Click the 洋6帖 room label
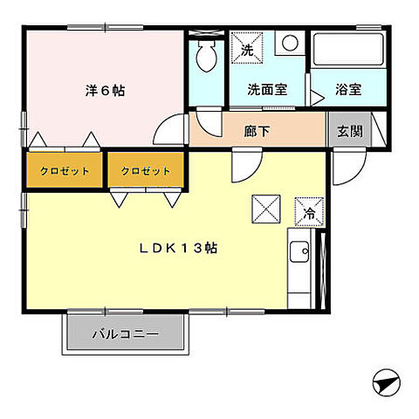pos(105,89)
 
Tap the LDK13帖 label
pos(178,248)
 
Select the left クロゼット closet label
pos(65,170)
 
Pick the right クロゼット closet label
pos(146,170)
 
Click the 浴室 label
pos(348,90)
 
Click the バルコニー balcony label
pos(125,332)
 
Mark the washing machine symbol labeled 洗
pos(248,49)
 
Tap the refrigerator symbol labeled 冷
pos(310,211)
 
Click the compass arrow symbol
pos(385,381)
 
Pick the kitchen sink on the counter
pos(297,252)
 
